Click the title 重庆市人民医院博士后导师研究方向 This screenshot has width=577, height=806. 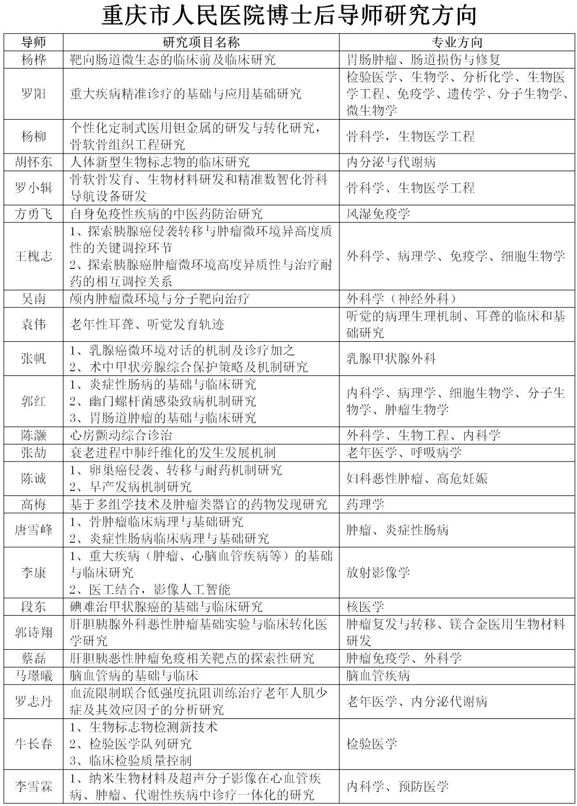(288, 16)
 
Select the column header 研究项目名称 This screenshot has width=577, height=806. (201, 42)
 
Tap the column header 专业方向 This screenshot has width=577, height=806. (457, 42)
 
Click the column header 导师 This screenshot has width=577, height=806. (34, 42)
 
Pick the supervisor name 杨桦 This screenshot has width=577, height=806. (34, 59)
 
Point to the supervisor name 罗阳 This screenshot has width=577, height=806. (34, 94)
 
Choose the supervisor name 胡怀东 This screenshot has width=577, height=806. (34, 162)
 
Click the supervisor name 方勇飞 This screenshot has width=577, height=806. (34, 213)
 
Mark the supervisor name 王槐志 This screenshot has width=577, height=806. (34, 256)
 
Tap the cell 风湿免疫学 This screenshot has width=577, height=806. (378, 213)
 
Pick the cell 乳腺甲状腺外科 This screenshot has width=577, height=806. (391, 358)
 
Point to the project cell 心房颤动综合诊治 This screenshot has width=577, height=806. (121, 435)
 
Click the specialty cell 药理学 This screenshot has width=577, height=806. (365, 504)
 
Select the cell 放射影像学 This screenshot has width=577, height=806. (378, 572)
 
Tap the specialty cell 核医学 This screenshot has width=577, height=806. (365, 607)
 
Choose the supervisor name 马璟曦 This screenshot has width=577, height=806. (34, 675)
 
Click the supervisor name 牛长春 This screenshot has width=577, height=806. (34, 743)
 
